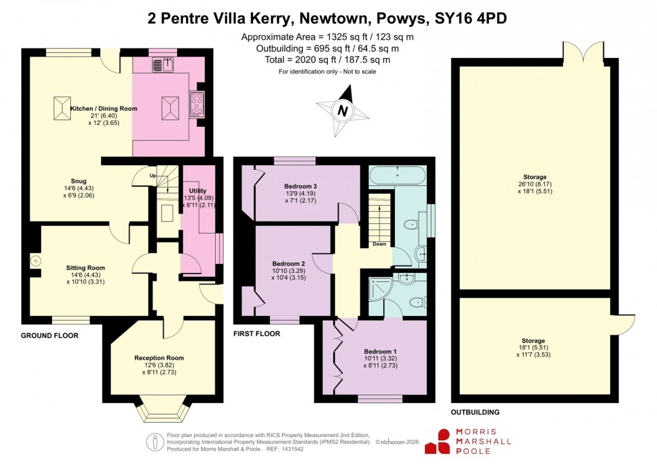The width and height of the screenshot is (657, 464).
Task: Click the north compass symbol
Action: click(x=343, y=111)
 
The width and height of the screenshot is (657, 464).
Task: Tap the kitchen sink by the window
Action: click(x=163, y=64)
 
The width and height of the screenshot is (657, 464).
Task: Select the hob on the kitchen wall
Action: click(x=196, y=104)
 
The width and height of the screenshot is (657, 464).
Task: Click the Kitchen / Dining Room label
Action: click(x=104, y=109)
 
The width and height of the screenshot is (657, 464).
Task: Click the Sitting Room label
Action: click(x=85, y=268)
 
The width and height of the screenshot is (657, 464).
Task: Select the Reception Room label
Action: click(x=159, y=358)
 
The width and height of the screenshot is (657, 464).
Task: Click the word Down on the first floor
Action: click(x=379, y=245)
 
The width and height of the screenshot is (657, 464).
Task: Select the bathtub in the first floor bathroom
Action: click(x=397, y=175)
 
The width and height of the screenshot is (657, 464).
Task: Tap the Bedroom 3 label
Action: click(x=289, y=187)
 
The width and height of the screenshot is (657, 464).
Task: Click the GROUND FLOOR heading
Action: click(x=50, y=336)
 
